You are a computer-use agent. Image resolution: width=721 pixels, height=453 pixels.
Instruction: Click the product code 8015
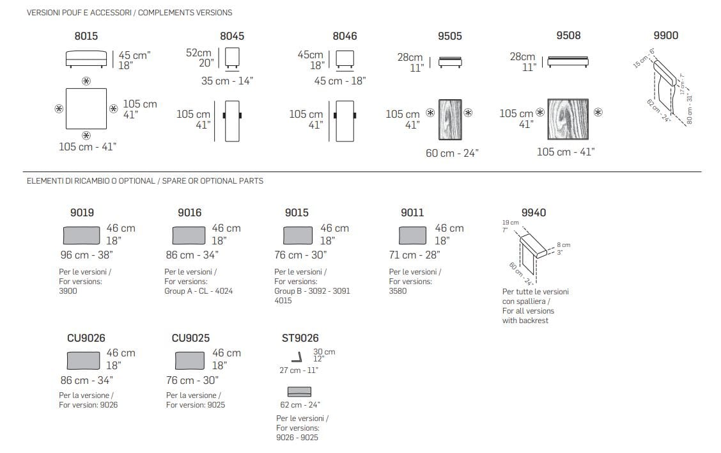point(86,36)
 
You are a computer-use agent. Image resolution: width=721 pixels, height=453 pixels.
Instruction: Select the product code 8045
point(232,36)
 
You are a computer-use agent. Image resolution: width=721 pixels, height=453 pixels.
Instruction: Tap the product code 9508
point(568,35)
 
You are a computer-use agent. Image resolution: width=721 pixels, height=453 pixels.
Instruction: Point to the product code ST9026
point(300,338)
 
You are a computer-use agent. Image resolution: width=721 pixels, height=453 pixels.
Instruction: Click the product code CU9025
point(191,338)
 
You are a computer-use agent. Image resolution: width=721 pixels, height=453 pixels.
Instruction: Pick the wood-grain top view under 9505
point(450,119)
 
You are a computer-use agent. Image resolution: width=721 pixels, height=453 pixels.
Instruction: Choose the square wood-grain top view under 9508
point(568,119)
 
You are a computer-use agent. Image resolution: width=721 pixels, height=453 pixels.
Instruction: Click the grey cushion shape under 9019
point(81,235)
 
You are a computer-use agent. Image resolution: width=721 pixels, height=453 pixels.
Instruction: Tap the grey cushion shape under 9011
point(412,235)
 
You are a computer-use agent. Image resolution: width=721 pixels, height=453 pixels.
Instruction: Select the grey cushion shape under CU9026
point(83,360)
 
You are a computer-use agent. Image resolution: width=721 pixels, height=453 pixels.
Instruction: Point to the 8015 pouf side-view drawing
point(86,59)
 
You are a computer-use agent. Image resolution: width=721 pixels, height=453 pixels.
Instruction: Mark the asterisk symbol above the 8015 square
point(86,81)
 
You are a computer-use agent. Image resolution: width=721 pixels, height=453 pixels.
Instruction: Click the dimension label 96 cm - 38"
point(86,255)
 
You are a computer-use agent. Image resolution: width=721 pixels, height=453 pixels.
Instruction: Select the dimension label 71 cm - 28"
point(414,255)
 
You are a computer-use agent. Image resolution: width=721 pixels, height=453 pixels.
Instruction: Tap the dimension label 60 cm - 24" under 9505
point(452,153)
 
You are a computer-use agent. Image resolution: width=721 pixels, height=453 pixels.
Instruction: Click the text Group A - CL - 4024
point(199,291)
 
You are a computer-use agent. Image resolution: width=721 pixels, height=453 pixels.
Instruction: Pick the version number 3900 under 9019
point(68,291)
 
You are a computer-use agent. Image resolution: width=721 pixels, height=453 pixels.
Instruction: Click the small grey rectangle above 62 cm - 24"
point(299,392)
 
